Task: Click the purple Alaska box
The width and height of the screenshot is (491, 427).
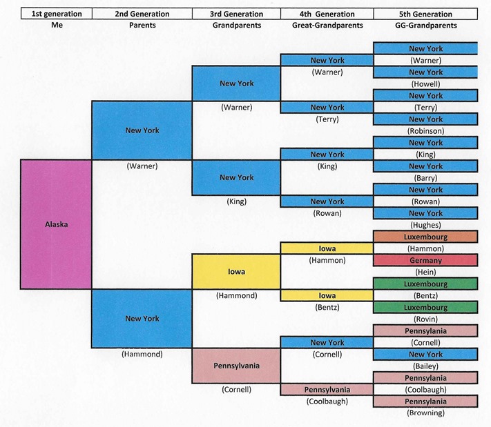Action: click(x=55, y=225)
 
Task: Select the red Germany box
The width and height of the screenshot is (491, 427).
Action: click(x=425, y=260)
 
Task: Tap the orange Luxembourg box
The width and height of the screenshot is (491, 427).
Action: click(x=425, y=237)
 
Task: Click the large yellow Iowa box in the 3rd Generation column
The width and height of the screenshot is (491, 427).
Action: click(x=236, y=271)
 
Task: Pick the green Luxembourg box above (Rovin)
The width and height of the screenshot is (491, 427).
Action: click(x=425, y=307)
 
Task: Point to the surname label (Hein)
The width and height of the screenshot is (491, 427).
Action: click(x=425, y=272)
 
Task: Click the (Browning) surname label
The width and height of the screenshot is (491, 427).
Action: click(x=425, y=413)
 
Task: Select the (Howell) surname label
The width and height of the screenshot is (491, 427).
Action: click(x=425, y=83)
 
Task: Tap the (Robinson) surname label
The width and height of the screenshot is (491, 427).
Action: click(x=425, y=130)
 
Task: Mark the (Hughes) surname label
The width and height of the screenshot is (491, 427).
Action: click(x=425, y=225)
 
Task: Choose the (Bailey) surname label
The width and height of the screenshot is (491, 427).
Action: click(x=425, y=366)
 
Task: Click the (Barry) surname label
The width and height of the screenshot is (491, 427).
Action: click(x=425, y=178)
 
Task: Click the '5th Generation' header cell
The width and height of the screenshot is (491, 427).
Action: click(x=425, y=14)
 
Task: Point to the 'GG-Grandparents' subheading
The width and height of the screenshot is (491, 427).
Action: click(x=425, y=26)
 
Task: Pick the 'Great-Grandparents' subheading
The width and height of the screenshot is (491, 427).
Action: click(x=327, y=26)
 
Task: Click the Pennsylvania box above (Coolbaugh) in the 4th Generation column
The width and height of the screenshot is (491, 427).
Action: click(x=327, y=390)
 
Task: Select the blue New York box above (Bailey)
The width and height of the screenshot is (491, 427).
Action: click(x=425, y=355)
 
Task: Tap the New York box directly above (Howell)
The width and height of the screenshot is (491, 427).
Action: click(x=425, y=72)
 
